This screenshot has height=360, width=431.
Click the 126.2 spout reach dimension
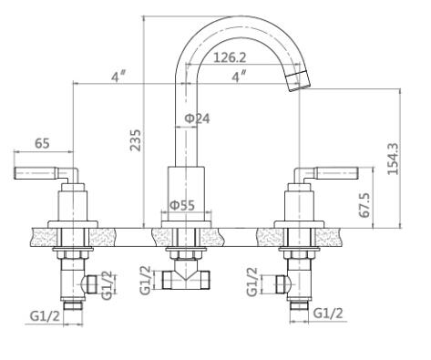230,57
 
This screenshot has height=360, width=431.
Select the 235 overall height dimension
136,140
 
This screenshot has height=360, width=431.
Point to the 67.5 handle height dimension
364,205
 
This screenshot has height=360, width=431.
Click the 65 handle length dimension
42,143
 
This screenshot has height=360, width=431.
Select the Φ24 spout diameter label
198,118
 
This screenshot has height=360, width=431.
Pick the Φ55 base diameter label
182,205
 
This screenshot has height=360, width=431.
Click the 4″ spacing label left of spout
118,77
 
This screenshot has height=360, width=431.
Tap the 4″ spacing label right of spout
239,77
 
